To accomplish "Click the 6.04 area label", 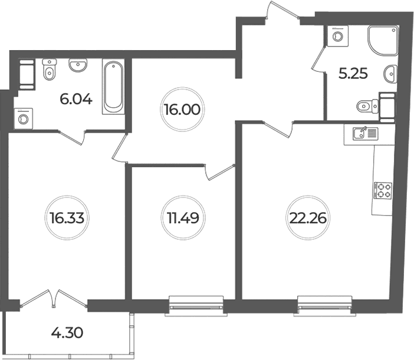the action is [x=76, y=100].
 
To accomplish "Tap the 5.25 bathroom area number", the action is [x=353, y=74].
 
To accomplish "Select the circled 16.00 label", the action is [x=182, y=109].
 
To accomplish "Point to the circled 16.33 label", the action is [x=67, y=218].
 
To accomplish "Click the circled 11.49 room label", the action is [x=183, y=218].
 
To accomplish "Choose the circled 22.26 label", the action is [x=308, y=218].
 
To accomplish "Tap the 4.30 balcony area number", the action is [x=67, y=332].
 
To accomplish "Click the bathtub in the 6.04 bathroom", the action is [x=113, y=87].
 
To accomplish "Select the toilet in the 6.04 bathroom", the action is [x=50, y=70].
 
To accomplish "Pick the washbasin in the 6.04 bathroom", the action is [x=78, y=65].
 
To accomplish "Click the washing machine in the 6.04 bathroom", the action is [x=24, y=118].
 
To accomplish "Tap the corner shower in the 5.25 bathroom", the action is [x=383, y=40].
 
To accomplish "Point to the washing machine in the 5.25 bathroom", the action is [x=337, y=36].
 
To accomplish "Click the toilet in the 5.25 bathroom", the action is [x=367, y=107].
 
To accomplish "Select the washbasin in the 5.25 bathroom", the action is [x=390, y=74].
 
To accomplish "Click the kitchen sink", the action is [x=366, y=133].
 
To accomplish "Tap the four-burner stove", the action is [x=383, y=191].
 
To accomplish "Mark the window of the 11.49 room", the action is [x=196, y=306].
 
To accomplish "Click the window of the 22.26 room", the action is [x=325, y=306].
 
